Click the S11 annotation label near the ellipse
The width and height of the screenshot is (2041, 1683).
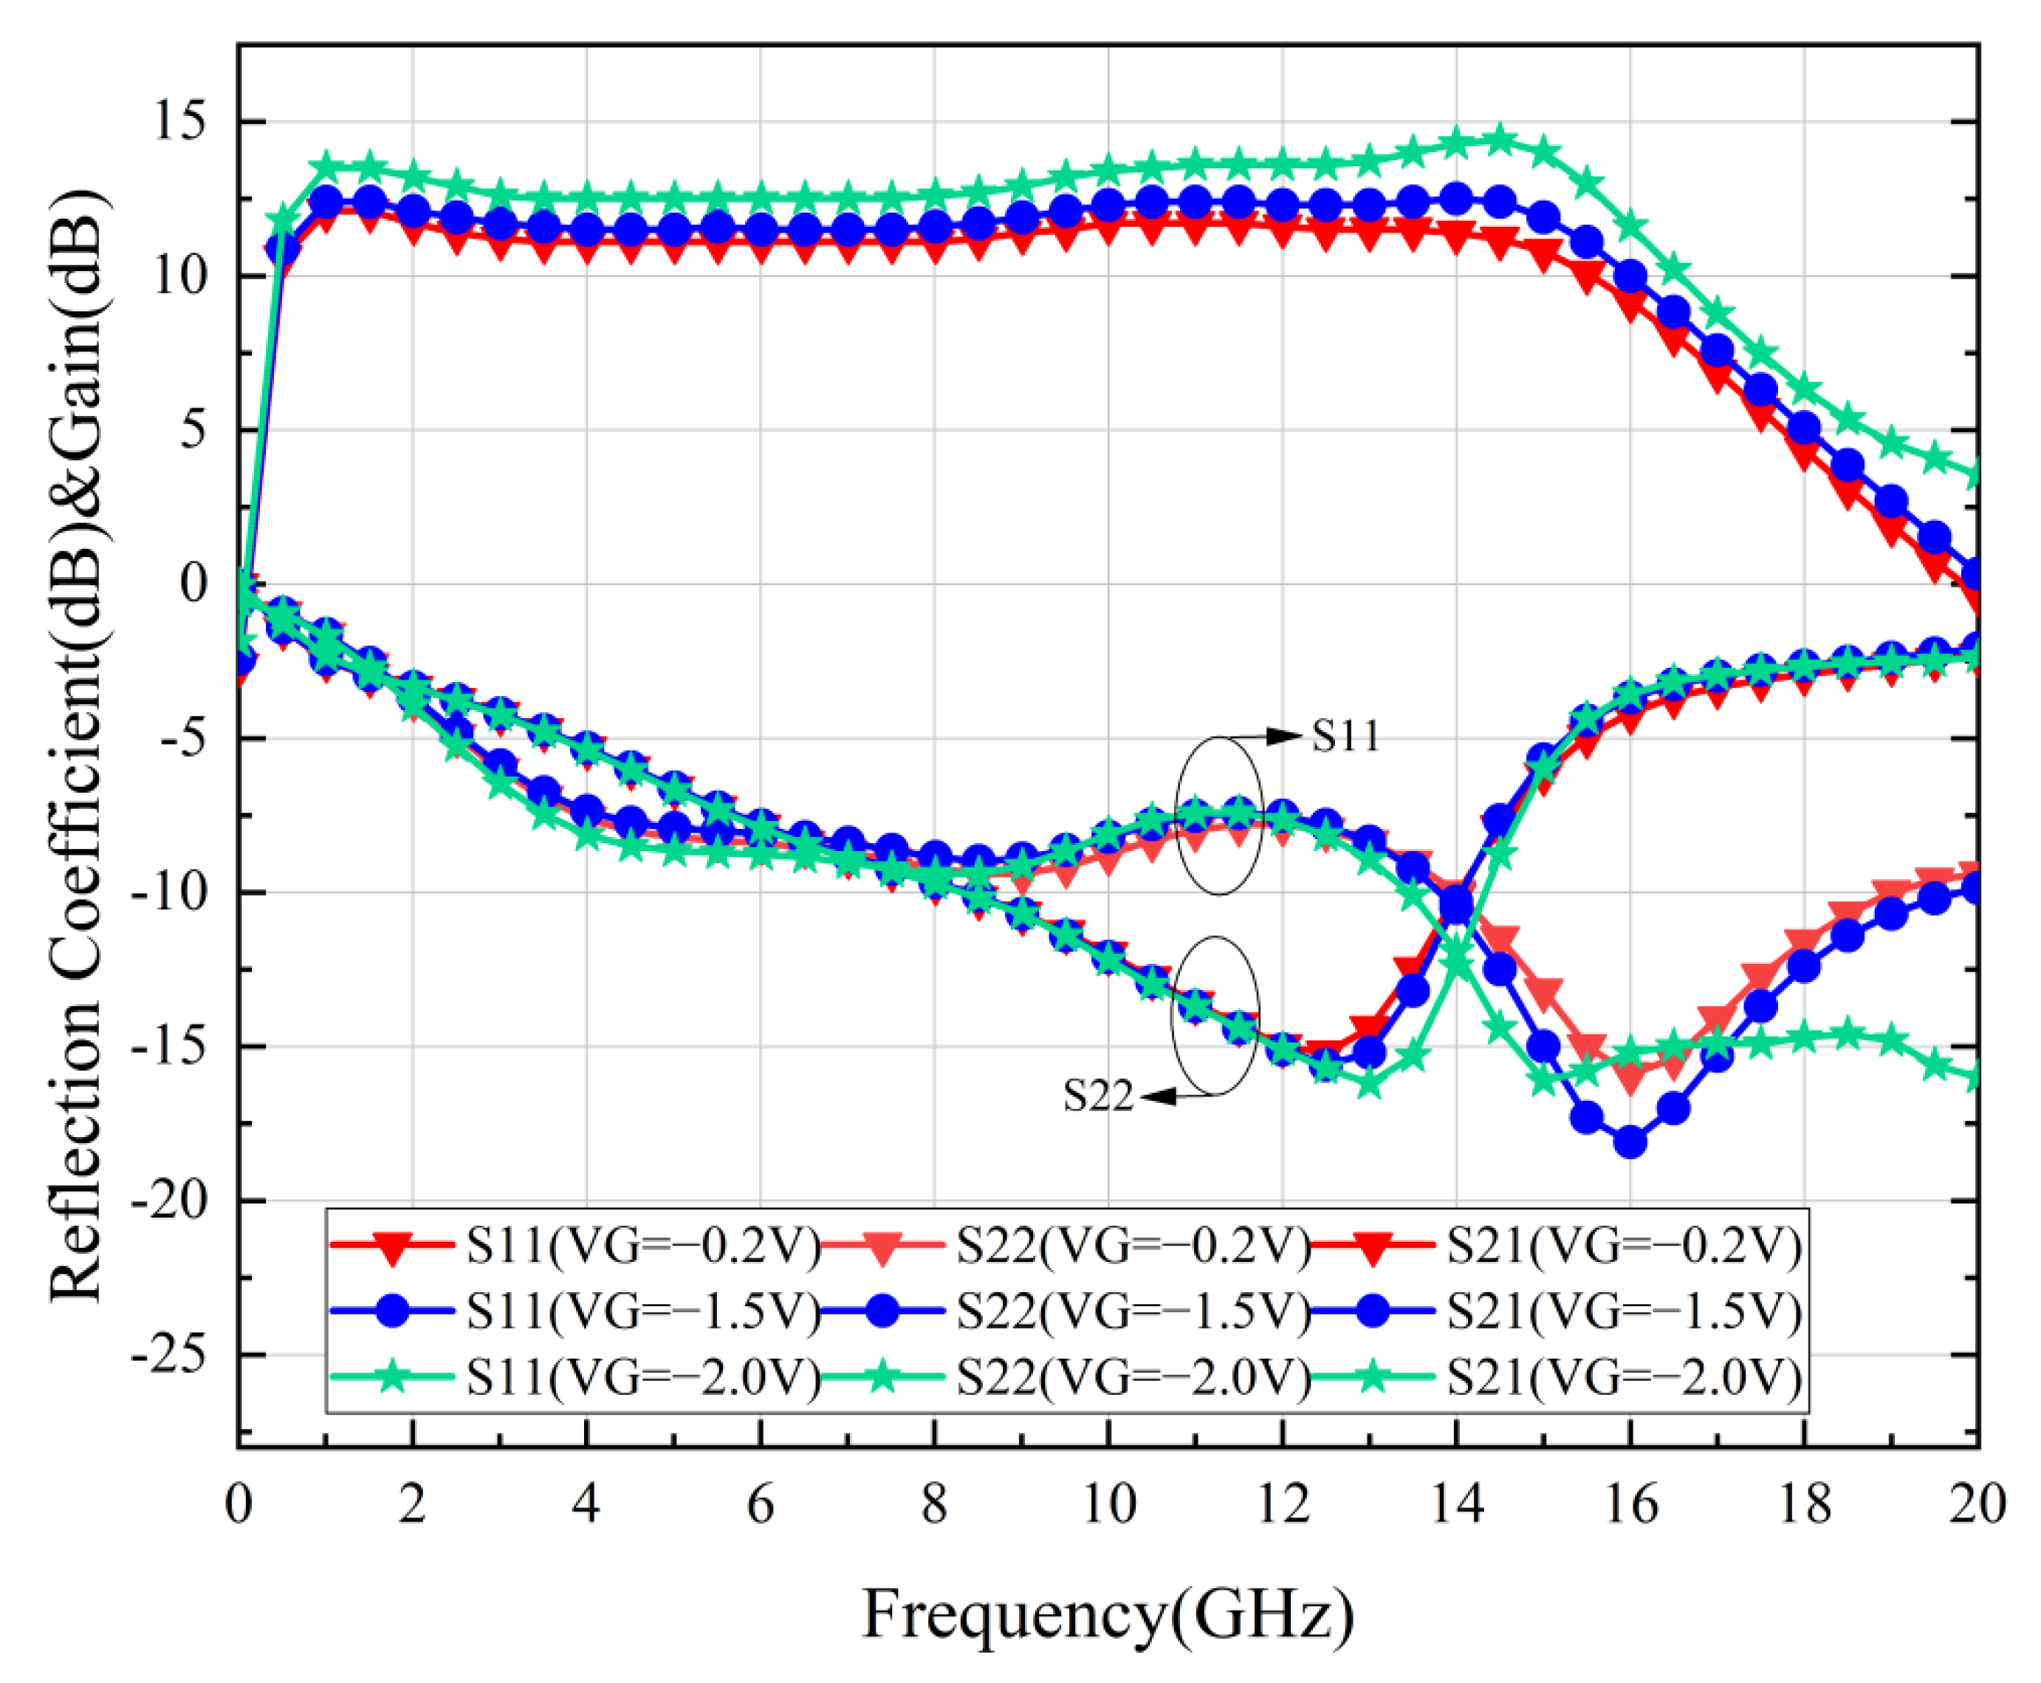[x=1345, y=737]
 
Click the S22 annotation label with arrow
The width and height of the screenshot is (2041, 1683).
[x=1098, y=1096]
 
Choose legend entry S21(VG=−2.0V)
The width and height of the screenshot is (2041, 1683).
[x=1625, y=1376]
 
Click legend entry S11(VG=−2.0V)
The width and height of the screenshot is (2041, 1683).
[x=642, y=1376]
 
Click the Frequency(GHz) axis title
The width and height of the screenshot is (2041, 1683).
[x=1108, y=1615]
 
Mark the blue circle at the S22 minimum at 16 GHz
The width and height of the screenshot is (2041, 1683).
[x=1630, y=1142]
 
